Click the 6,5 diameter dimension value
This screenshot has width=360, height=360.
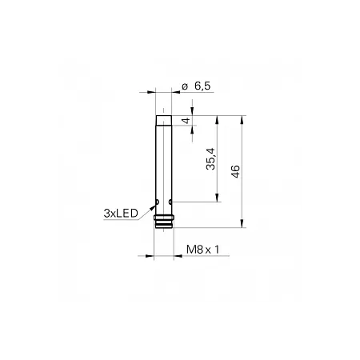[202, 86]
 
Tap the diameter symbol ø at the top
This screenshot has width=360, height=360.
[185, 86]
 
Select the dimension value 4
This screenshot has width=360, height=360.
[186, 121]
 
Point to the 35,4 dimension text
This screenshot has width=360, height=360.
[210, 158]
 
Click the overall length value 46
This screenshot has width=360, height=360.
[235, 171]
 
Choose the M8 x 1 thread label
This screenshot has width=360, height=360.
[202, 250]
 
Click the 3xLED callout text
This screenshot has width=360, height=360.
[121, 214]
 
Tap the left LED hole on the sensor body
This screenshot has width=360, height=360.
[158, 202]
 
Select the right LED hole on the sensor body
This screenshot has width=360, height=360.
[170, 202]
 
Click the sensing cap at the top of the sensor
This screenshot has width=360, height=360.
[164, 121]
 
